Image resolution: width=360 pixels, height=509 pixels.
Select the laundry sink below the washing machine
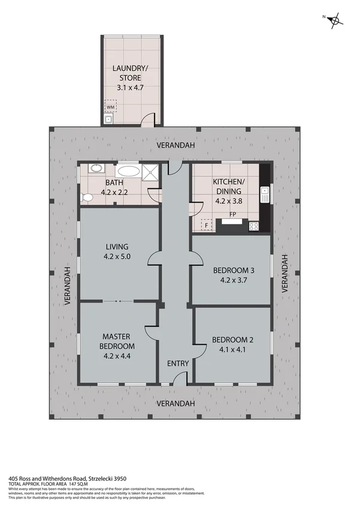pyautogui.click(x=108, y=119)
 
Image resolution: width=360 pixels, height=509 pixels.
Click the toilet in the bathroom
pyautogui.click(x=87, y=196)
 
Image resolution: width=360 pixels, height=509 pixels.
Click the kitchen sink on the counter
pyautogui.click(x=264, y=193)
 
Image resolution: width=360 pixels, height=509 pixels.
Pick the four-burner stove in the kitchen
pyautogui.click(x=254, y=226)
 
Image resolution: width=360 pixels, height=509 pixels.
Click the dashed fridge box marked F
pyautogui.click(x=207, y=225)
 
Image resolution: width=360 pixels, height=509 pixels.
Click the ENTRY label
pyautogui.click(x=178, y=363)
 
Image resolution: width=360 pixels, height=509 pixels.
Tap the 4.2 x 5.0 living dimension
pyautogui.click(x=117, y=257)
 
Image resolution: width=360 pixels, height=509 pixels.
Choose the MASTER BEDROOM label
pyautogui.click(x=117, y=341)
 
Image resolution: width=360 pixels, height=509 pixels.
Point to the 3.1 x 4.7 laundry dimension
pyautogui.click(x=130, y=88)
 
